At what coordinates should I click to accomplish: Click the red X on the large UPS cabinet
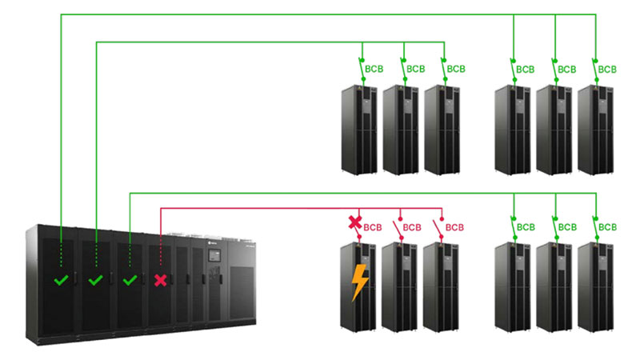[161, 281]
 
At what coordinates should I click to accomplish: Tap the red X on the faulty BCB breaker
[355, 222]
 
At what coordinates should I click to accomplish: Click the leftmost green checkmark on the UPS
[61, 281]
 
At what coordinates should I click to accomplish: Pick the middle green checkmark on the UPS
[95, 281]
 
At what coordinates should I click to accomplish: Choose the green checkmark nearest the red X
[130, 281]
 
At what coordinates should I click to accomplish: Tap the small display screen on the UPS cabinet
[214, 258]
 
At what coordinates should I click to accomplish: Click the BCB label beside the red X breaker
[373, 227]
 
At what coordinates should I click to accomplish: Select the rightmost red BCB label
[454, 227]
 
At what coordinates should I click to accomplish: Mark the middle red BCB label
[412, 227]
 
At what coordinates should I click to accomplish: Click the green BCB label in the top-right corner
[609, 70]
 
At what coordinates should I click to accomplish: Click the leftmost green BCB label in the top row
[373, 70]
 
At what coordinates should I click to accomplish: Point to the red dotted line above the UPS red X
[161, 254]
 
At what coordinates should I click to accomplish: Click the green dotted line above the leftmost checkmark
[61, 254]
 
